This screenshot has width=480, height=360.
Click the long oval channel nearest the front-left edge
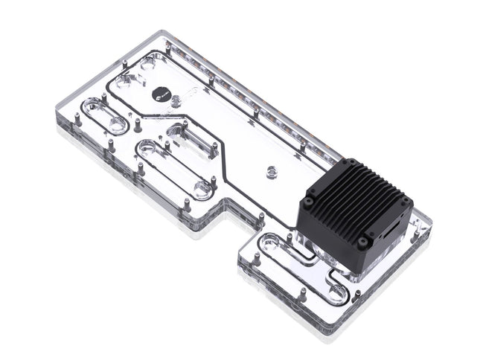[x=170, y=169]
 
